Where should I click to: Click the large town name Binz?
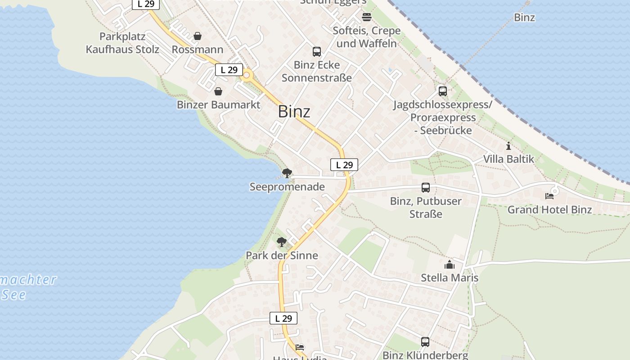click(294, 111)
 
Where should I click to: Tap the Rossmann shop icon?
click(198, 36)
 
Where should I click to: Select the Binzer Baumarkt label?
click(218, 105)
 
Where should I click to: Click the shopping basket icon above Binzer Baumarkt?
click(218, 91)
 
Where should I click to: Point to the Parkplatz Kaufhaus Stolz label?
click(122, 43)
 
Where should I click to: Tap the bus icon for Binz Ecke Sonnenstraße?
click(317, 51)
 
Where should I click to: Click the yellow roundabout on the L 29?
click(247, 75)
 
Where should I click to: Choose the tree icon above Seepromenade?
click(287, 173)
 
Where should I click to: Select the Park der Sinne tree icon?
click(282, 242)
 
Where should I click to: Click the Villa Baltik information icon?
click(508, 146)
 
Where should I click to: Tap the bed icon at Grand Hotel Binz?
click(549, 196)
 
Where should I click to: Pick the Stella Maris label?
click(450, 278)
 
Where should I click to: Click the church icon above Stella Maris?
click(450, 265)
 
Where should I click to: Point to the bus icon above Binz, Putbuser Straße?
click(426, 187)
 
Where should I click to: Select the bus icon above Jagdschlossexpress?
click(443, 91)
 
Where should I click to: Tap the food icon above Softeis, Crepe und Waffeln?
click(367, 17)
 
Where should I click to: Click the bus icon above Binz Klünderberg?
click(425, 342)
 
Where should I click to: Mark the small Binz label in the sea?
click(524, 18)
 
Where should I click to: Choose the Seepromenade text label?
click(287, 187)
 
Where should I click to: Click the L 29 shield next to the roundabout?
click(229, 70)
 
